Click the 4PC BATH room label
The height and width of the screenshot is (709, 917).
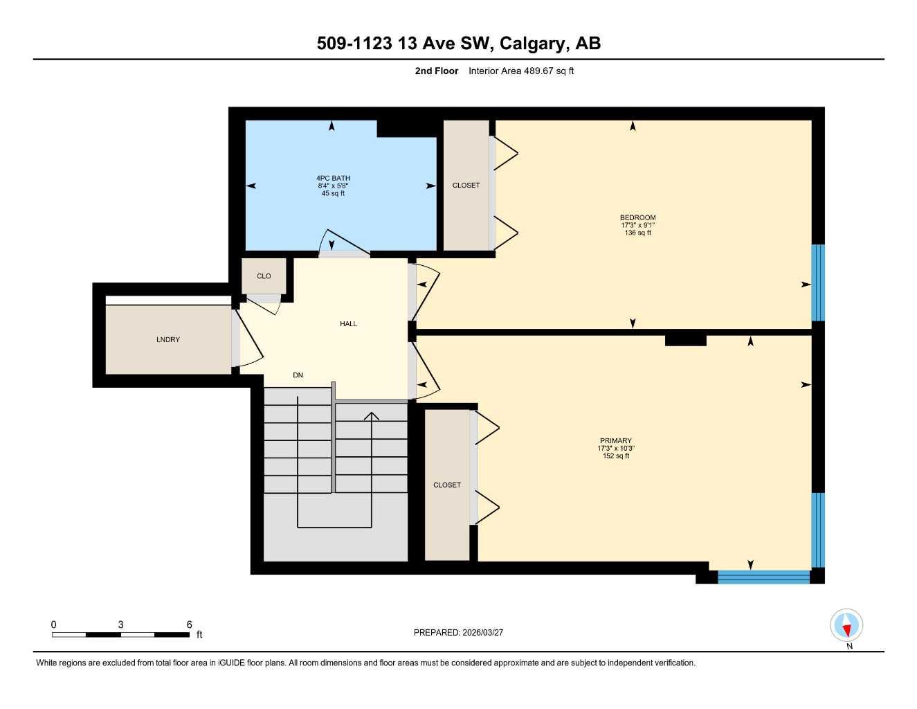point(333,178)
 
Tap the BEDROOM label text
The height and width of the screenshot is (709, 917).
point(637,217)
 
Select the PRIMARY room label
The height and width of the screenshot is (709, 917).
point(615,440)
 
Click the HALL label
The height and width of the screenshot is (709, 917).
point(348,323)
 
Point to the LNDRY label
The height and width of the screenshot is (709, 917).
point(167,339)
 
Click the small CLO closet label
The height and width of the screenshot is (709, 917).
point(264,276)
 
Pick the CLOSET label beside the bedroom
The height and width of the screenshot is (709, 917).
point(466,185)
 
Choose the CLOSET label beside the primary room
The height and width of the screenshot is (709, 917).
point(446,485)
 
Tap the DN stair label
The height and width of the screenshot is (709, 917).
point(298,375)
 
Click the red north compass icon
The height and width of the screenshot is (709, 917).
point(846,626)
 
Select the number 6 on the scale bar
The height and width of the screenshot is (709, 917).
point(189,625)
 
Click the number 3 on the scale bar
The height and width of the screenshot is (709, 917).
point(120,625)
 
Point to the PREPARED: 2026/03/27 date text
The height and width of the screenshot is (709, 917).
point(458,632)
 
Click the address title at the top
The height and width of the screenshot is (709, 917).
point(458,43)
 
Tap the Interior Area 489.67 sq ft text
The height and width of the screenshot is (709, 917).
point(520,71)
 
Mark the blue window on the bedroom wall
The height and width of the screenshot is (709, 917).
point(818,282)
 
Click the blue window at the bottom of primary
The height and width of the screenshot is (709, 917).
point(763,577)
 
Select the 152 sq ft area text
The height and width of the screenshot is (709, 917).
point(615,456)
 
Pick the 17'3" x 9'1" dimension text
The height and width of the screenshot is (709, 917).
point(637,225)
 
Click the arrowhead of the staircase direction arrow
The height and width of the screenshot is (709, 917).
point(372,415)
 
